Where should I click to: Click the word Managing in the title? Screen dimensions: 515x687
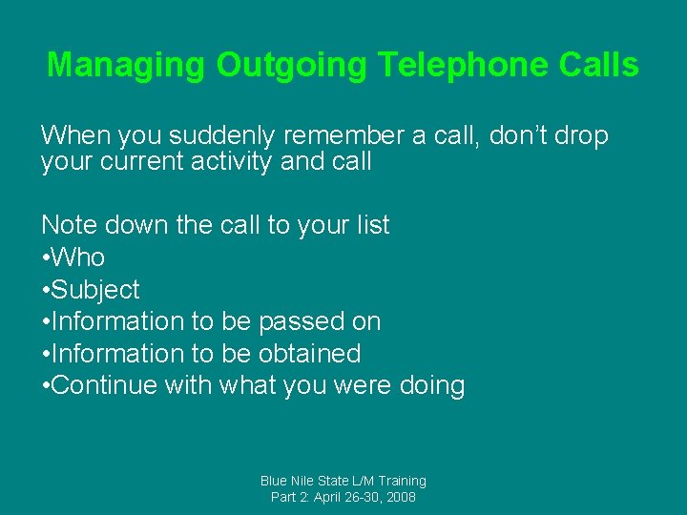[126, 65]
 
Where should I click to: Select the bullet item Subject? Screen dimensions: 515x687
[94, 290]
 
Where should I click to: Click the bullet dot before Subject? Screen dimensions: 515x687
[45, 290]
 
